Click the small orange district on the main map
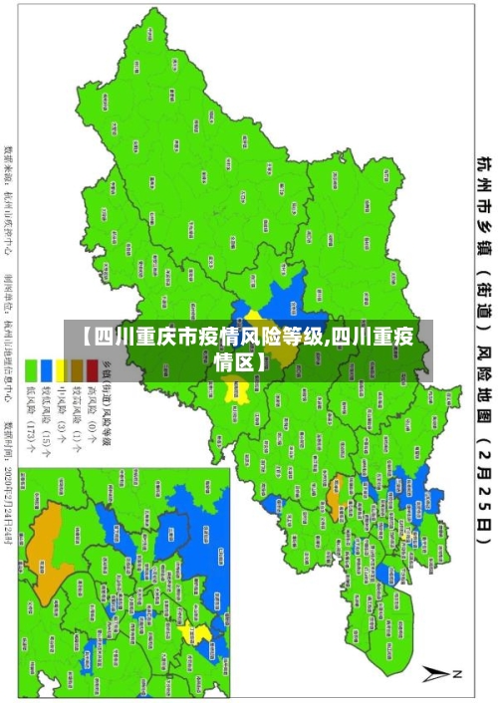[334, 460]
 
